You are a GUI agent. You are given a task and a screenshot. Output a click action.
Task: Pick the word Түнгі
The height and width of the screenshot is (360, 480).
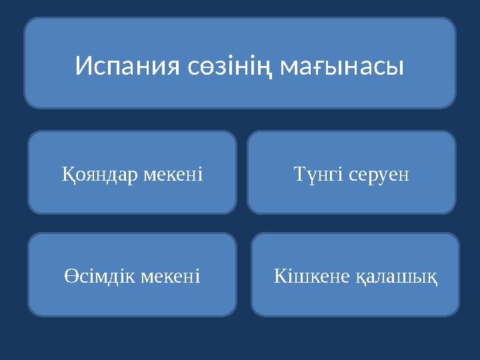pyautogui.click(x=317, y=175)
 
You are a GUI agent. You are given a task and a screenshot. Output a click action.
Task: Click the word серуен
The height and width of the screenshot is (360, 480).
pyautogui.click(x=377, y=175)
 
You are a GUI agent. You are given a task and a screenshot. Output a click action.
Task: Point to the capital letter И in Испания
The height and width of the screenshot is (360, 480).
pyautogui.click(x=83, y=66)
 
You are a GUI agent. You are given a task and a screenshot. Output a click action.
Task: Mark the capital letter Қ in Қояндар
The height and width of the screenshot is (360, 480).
pyautogui.click(x=67, y=175)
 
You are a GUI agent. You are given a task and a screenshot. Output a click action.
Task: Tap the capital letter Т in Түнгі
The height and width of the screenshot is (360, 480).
pyautogui.click(x=299, y=175)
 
